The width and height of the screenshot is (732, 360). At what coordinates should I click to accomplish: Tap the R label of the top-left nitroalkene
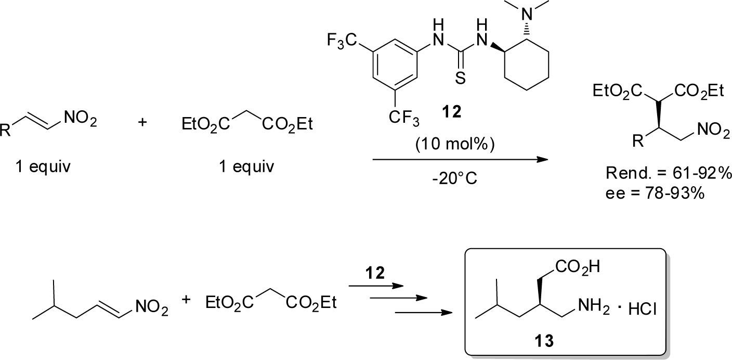pyautogui.click(x=6, y=131)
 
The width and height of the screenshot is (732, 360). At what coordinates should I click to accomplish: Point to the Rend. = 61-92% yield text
pyautogui.click(x=669, y=173)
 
